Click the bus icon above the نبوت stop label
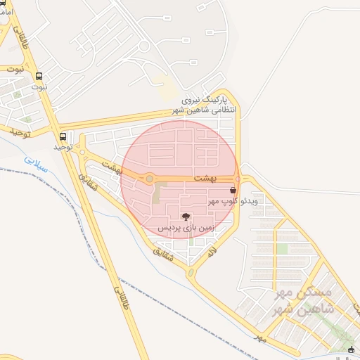tap(38, 76)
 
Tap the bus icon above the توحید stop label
tap(63, 136)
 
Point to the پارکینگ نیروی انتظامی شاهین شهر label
tap(205, 106)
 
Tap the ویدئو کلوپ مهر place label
tap(233, 201)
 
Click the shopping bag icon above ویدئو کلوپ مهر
tap(233, 191)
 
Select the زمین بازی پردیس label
tap(185, 228)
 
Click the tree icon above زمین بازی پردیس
tap(185, 217)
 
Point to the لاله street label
tap(210, 251)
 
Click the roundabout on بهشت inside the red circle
tap(149, 179)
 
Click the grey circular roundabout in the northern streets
tap(143, 46)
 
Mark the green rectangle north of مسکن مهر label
tap(282, 249)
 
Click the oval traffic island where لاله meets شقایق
tap(189, 272)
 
